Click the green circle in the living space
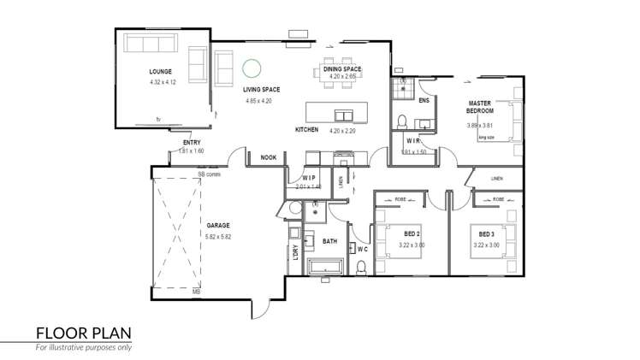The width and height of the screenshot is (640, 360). [x=252, y=68]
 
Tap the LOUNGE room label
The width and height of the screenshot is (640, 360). [x=160, y=72]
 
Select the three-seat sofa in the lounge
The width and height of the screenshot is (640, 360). [x=149, y=43]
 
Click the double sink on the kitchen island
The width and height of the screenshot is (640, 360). [x=346, y=115]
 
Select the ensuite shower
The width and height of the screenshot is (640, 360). [x=403, y=87]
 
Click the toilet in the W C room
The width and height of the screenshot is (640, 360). [x=361, y=269]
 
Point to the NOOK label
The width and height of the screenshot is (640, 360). [x=268, y=157]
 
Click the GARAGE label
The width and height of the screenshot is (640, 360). [x=218, y=225]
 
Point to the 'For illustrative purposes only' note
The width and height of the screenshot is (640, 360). [x=83, y=348]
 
